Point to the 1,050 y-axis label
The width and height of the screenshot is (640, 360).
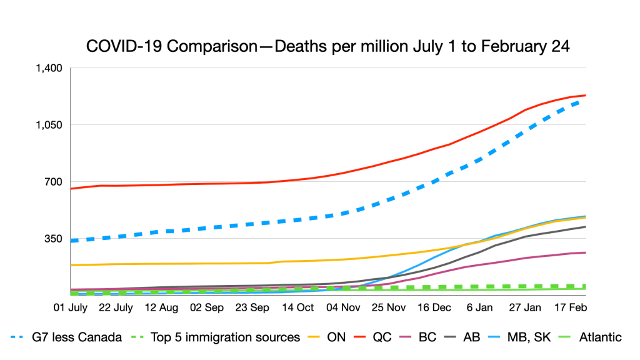(x=51, y=125)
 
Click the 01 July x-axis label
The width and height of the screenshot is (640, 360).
(x=71, y=307)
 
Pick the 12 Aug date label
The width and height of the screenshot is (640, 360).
(x=161, y=307)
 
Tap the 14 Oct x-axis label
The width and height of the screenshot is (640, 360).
(x=297, y=307)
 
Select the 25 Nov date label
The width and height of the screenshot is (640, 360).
(x=388, y=307)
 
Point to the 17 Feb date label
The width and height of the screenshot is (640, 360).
(x=570, y=307)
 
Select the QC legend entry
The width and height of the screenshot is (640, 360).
(x=383, y=337)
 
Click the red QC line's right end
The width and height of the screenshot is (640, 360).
(x=585, y=95)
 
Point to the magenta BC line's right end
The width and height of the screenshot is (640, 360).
(x=585, y=252)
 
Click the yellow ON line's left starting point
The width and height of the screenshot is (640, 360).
(x=71, y=265)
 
